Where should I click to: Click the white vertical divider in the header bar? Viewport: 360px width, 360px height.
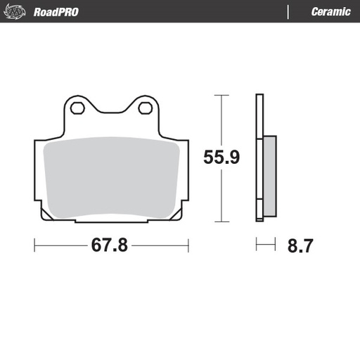point(289,12)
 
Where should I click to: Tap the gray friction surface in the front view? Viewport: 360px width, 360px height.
point(112,176)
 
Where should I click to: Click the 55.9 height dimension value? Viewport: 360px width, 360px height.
point(221,157)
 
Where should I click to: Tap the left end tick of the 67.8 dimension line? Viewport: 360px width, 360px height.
point(35,245)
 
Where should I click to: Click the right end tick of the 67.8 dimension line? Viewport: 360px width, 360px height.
point(188,245)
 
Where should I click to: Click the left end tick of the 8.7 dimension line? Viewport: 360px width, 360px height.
point(257,245)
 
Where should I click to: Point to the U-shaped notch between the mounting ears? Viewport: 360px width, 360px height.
point(112,112)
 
